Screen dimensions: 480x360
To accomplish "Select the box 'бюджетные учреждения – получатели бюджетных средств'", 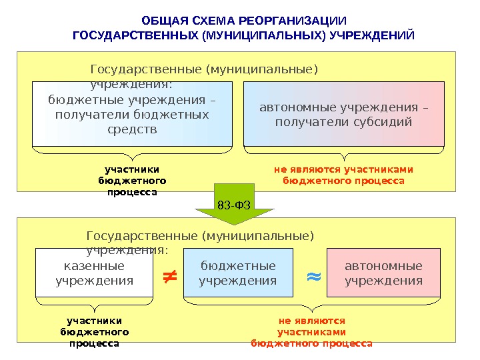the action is [x=132, y=114].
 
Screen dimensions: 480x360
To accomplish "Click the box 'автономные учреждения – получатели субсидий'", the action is [x=343, y=114].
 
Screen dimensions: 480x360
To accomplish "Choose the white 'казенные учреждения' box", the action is [x=94, y=273].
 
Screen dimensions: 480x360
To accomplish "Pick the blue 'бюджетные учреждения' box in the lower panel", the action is [x=238, y=273].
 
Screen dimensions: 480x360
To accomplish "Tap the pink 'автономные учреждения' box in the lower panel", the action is [x=383, y=273].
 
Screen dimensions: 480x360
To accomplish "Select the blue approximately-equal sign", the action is [x=313, y=275].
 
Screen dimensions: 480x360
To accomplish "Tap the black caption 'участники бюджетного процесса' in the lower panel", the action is [x=94, y=331].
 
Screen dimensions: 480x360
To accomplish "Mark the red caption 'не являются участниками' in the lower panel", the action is [x=311, y=331].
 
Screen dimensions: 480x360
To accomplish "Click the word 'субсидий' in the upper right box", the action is [x=383, y=122].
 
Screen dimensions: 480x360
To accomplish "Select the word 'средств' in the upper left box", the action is [x=132, y=129].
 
